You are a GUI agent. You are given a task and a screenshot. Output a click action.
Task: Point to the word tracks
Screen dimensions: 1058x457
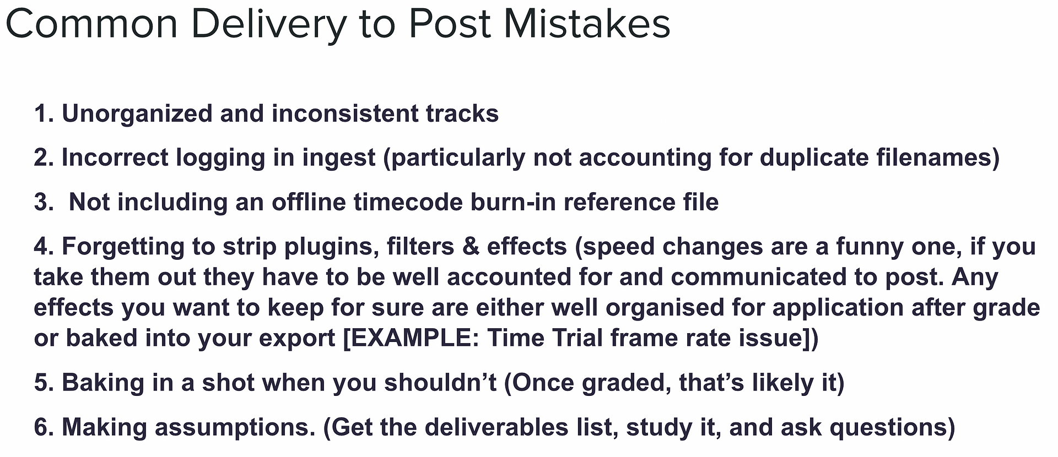coord(462,113)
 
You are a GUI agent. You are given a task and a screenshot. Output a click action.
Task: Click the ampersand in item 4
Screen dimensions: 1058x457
coord(471,247)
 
